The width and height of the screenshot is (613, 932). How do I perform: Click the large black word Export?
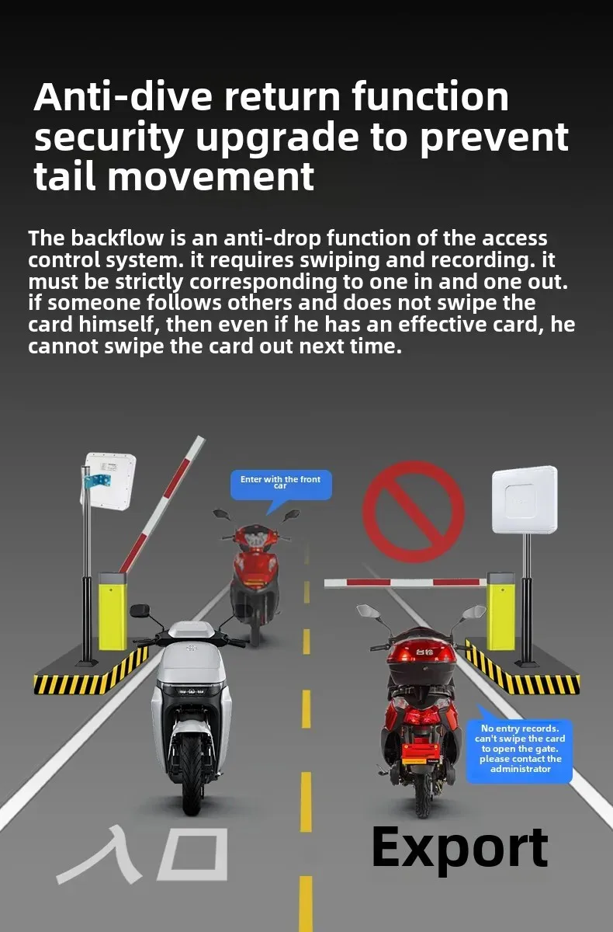[459, 847]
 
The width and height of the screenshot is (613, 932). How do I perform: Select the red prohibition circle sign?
[414, 512]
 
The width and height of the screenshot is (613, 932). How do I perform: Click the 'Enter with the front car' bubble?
[280, 484]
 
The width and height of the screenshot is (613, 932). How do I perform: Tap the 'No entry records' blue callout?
[519, 749]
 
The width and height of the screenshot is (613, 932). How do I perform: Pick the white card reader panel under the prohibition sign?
[525, 499]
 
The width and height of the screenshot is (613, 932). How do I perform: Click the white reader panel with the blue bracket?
[109, 479]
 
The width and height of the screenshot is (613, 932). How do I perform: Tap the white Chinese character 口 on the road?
[193, 854]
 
